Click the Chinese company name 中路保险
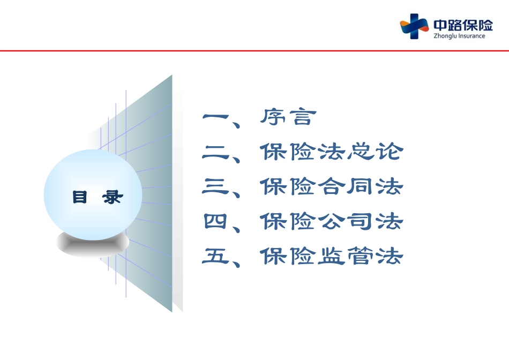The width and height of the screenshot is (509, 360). point(463,25)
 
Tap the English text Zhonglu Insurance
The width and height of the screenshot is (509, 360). point(459,36)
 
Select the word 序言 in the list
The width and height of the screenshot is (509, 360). point(288,117)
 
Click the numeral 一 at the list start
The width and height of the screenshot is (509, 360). point(215,117)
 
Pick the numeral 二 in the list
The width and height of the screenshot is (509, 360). point(215,152)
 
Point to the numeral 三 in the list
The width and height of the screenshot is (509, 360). point(215,186)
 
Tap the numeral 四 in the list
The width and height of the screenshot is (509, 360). point(215,221)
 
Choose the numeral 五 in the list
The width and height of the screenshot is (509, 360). point(215,256)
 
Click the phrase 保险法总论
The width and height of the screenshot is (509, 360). point(332,151)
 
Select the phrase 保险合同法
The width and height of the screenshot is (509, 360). point(332,186)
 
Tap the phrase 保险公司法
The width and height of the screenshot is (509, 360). point(332,221)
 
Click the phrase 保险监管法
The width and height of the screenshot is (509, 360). point(332,256)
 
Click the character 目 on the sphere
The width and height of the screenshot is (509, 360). point(80,197)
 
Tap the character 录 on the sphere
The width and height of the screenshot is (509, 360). point(113,197)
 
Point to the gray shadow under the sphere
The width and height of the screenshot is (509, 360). point(93,244)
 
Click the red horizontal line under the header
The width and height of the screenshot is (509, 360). point(254,51)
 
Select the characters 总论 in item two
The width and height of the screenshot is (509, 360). point(375,151)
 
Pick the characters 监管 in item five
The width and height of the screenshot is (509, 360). point(346,256)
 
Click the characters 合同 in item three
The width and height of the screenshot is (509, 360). point(346,186)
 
